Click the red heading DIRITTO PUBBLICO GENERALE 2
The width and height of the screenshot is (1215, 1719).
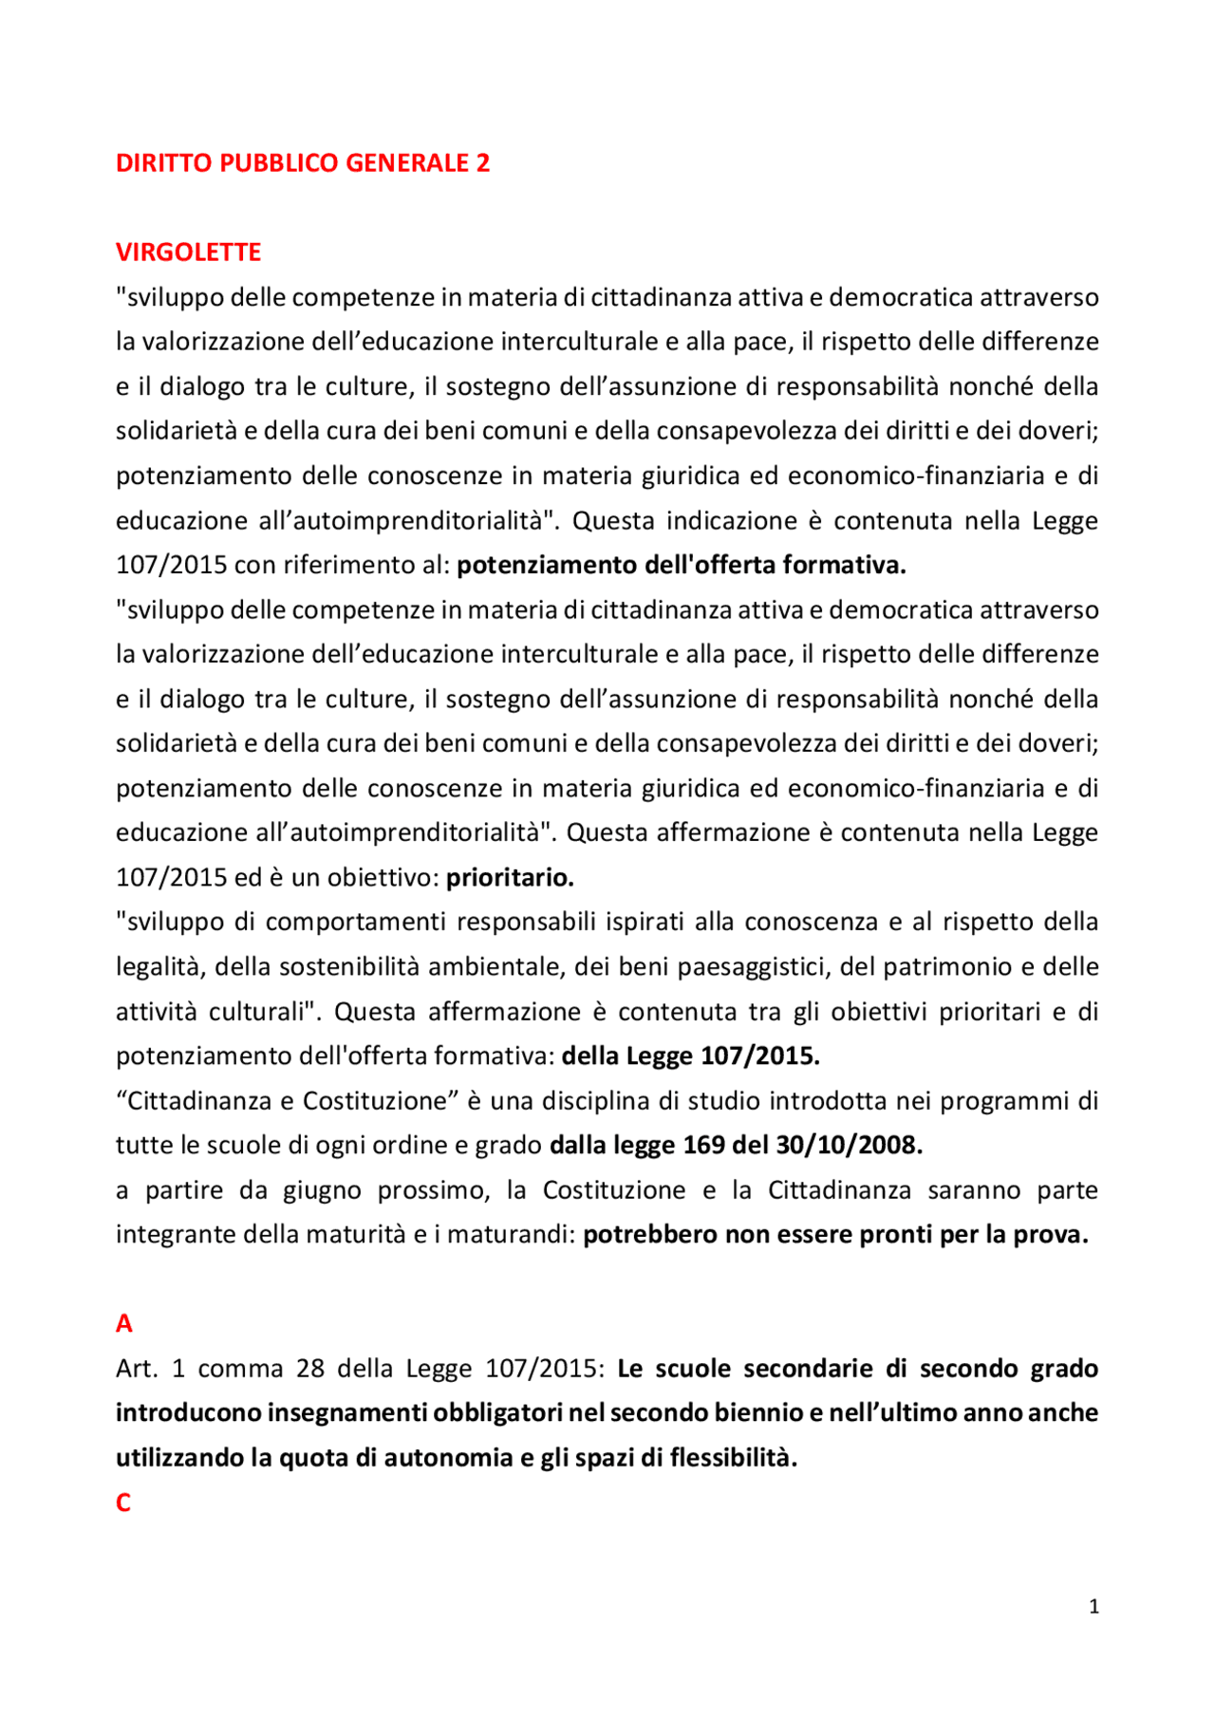(302, 163)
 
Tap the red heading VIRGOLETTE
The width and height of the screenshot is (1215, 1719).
(188, 252)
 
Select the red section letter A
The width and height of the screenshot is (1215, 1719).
(124, 1323)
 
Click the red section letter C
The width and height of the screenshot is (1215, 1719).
(123, 1503)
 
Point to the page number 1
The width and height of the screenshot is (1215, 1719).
(1093, 1606)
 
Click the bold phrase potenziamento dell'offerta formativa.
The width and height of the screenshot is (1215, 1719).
(681, 566)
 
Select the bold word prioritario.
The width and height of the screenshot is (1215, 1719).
(510, 878)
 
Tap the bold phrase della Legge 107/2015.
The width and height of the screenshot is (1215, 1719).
(690, 1056)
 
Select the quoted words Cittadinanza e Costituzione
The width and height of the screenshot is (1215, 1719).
(287, 1101)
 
